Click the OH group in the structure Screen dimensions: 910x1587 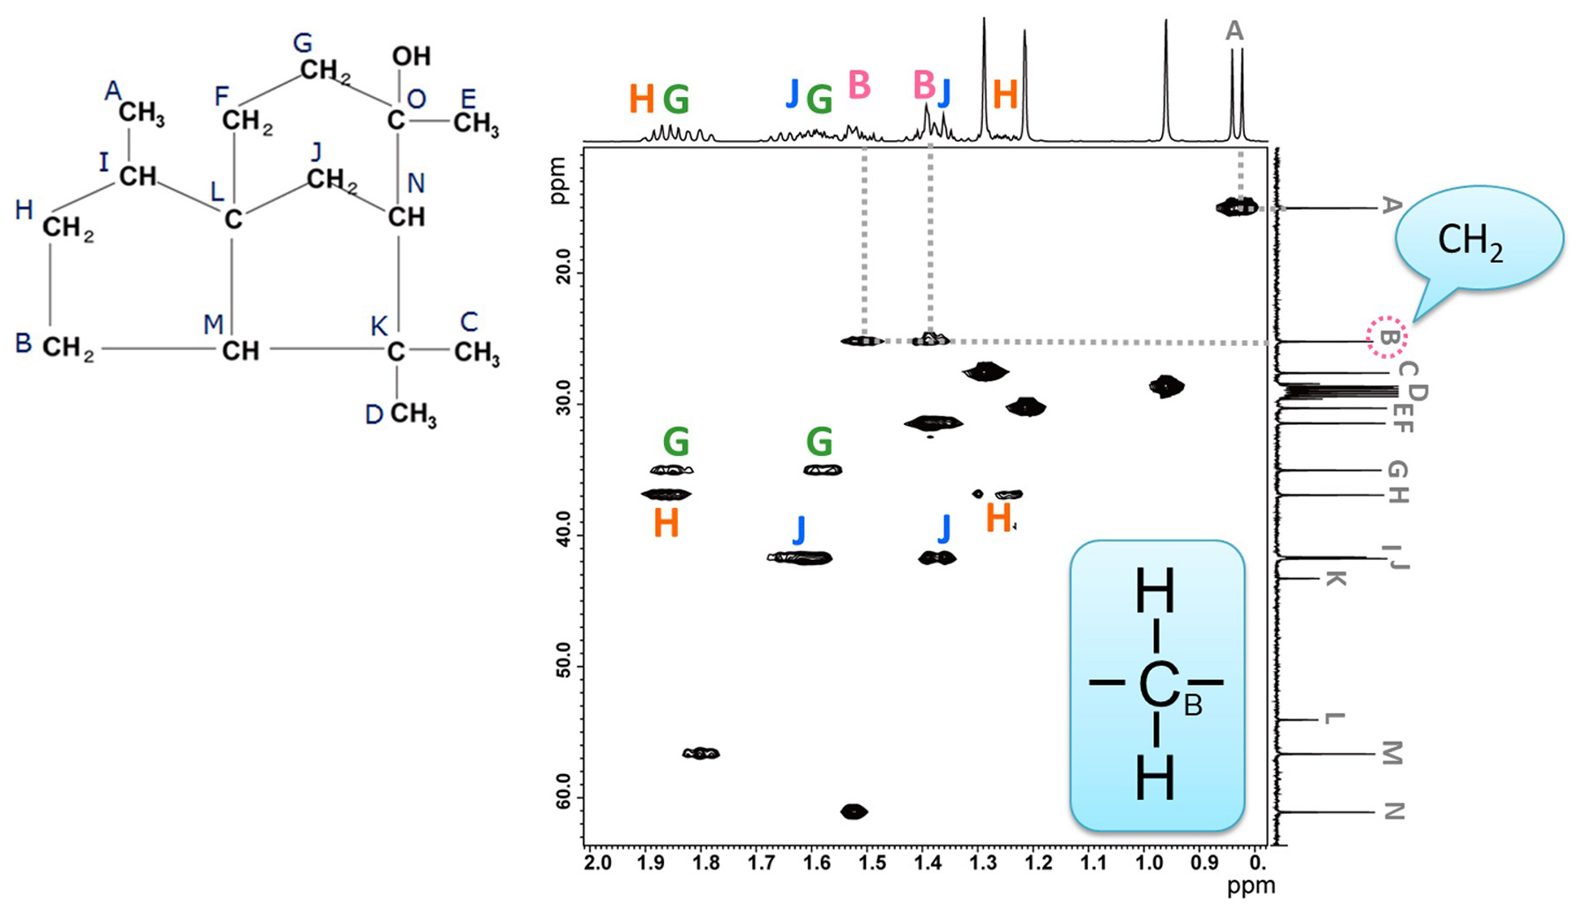pos(411,56)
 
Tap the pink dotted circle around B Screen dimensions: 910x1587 pos(1387,337)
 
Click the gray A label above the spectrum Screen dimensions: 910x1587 pos(1234,31)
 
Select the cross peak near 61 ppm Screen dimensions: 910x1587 pos(853,811)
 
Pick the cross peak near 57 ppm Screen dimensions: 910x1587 pos(701,753)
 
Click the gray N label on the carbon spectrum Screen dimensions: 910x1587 pos(1393,811)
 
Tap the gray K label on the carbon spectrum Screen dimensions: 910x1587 pos(1335,578)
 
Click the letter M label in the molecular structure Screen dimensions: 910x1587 pos(213,324)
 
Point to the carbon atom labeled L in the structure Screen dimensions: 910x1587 pos(233,219)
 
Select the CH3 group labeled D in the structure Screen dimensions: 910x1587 pos(413,414)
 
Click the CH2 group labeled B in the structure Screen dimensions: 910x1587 pos(68,348)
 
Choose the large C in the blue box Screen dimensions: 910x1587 pos(1158,685)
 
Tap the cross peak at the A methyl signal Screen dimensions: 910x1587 pos(1237,207)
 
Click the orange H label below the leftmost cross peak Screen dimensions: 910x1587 pos(667,524)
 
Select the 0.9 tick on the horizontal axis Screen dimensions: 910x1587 pos(1203,862)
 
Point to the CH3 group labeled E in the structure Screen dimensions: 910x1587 pos(476,123)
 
